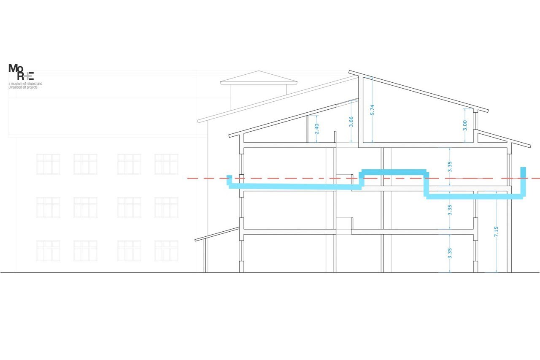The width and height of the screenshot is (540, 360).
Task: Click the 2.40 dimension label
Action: click(317, 129)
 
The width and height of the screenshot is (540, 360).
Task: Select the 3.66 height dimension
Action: click(351, 122)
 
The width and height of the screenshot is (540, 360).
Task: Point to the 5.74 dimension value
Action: click(372, 110)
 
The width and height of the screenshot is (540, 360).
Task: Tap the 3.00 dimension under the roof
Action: click(465, 125)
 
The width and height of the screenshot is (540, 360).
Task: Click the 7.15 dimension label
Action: click(496, 231)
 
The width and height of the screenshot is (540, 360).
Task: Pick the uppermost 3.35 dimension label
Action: click(450, 167)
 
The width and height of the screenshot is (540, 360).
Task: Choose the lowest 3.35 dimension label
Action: click(450, 253)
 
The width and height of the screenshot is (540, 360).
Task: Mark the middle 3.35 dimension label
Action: click(450, 210)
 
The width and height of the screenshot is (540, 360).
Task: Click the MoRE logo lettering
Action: click(21, 72)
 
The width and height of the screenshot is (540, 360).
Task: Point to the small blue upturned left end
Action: click(229, 180)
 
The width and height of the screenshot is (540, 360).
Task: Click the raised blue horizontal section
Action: click(394, 172)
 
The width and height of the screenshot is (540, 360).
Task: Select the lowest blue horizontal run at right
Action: click(474, 196)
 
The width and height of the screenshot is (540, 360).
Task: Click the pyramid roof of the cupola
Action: click(259, 77)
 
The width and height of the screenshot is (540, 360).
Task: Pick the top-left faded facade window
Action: click(48, 164)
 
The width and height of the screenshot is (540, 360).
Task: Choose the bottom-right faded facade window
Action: click(166, 251)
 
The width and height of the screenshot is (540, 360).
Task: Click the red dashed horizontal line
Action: click(364, 179)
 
